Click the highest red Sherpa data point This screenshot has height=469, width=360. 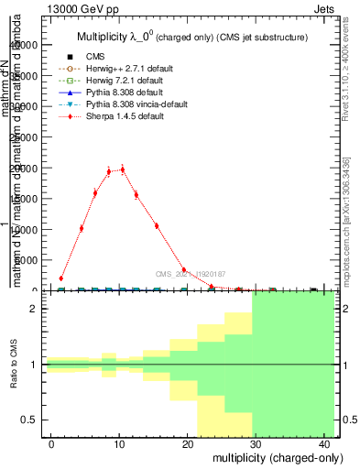[122, 169]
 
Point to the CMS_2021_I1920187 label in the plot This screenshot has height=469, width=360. [191, 274]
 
